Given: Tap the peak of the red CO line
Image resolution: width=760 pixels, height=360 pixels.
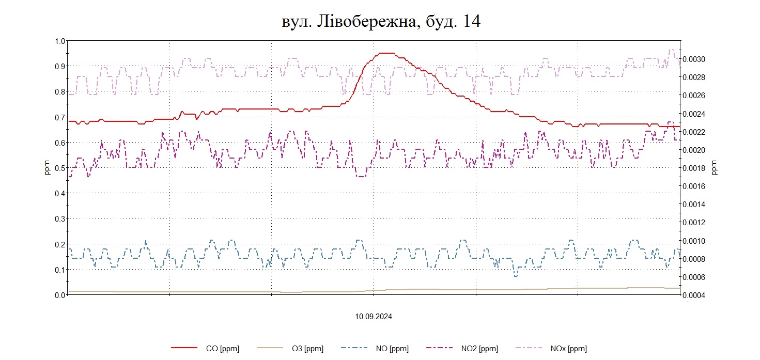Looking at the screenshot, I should (386, 53).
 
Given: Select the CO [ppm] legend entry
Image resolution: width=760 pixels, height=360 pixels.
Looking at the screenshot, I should (222, 349).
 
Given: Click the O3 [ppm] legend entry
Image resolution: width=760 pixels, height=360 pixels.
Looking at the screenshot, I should (307, 349).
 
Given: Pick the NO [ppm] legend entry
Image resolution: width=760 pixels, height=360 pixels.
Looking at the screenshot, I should (392, 349).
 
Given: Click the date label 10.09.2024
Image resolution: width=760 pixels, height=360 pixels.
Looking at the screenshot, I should (373, 317).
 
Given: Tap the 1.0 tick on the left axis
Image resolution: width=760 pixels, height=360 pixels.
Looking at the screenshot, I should (60, 41).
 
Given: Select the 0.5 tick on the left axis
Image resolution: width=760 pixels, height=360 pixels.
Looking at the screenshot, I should (60, 168).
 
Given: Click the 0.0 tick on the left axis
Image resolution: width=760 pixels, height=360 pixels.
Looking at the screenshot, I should (60, 295).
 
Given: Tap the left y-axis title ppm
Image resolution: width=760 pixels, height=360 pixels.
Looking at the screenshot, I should (47, 168).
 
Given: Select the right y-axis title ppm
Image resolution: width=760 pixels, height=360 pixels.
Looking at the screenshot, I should (715, 168).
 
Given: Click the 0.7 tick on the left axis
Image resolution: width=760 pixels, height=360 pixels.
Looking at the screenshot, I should (60, 117).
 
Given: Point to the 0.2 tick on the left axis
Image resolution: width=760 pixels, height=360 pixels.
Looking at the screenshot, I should (60, 244).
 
